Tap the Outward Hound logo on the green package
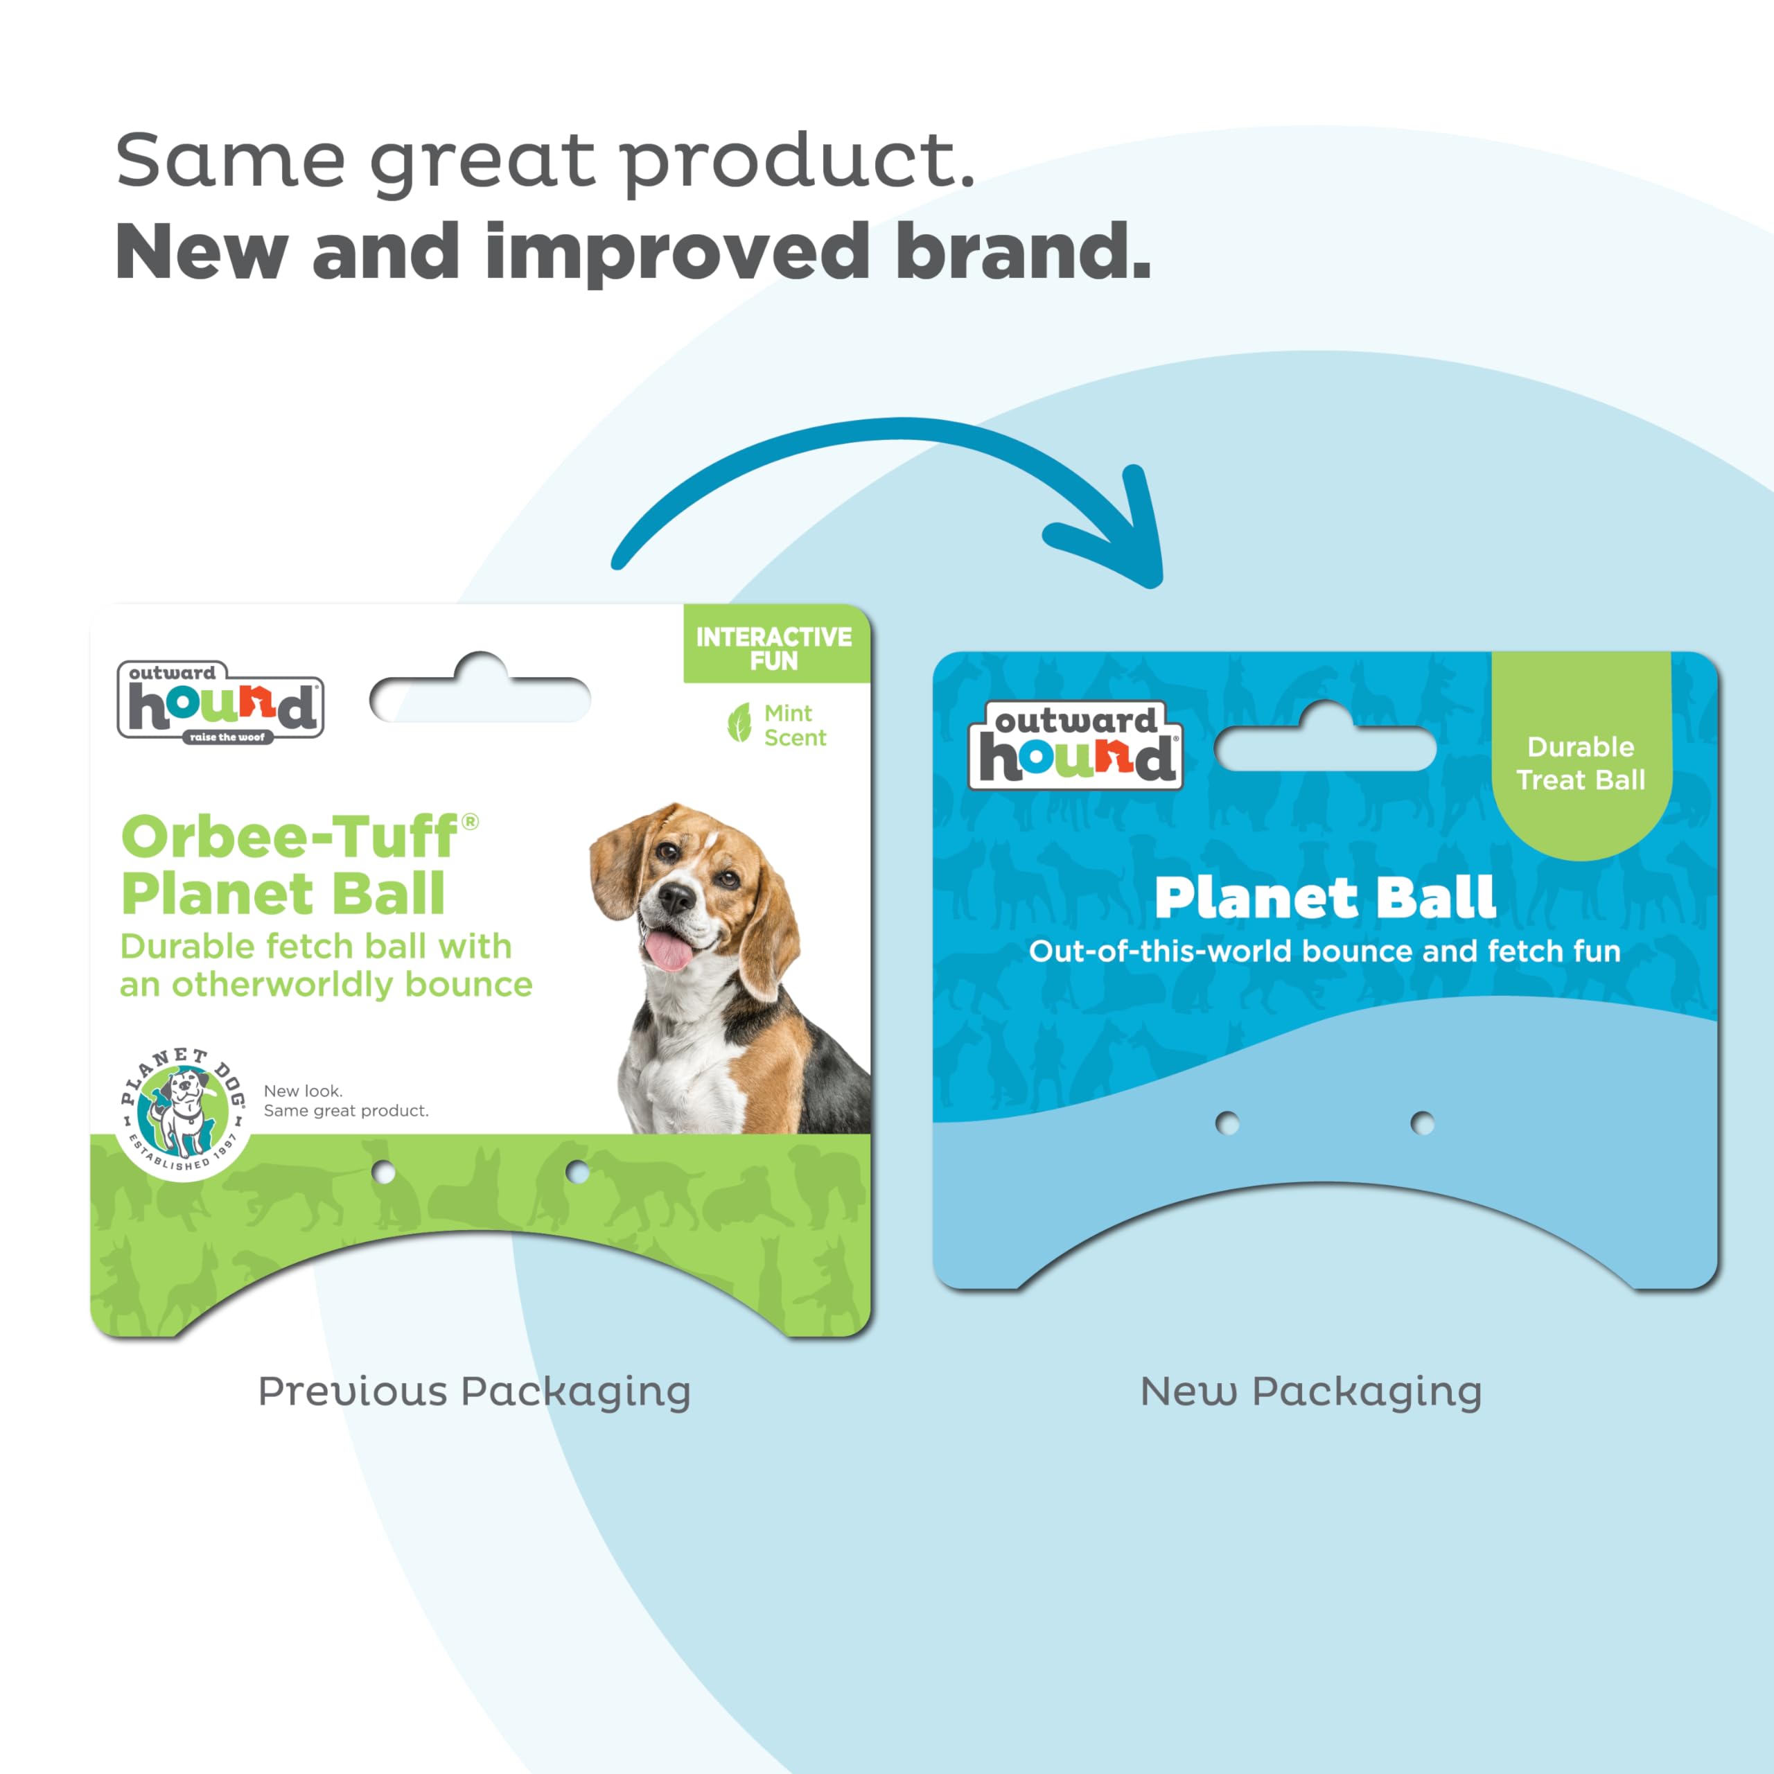[220, 701]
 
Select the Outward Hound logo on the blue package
[1075, 745]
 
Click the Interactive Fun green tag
[776, 644]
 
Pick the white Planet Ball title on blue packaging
[1325, 897]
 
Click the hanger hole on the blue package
[1325, 741]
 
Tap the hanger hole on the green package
[480, 692]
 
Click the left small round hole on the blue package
[1227, 1123]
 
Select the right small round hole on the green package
[577, 1172]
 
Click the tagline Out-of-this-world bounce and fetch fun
[1325, 951]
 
